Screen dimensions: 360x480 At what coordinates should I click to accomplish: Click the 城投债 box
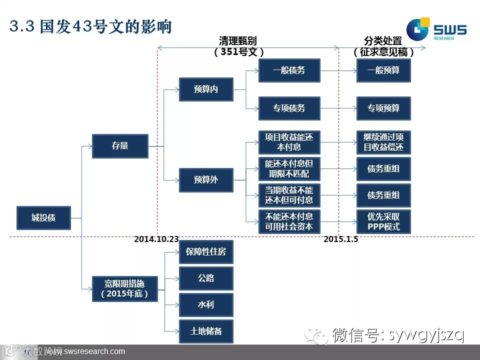pos(43,218)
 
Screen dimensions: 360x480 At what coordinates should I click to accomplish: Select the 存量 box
pos(120,146)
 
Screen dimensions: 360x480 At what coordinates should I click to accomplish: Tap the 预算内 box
pos(206,89)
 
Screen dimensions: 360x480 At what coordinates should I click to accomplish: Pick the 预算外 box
pos(206,180)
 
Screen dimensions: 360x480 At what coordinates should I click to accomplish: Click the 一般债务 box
pos(289,70)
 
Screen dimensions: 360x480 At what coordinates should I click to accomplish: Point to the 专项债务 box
pos(289,108)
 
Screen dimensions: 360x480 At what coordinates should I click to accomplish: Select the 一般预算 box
pos(383,70)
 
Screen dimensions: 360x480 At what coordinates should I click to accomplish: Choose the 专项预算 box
pos(383,108)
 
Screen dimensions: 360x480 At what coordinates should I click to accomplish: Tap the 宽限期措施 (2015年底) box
pos(124,289)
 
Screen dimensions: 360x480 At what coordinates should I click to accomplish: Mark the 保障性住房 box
pos(206,251)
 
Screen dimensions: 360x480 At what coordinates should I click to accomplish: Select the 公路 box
pos(206,278)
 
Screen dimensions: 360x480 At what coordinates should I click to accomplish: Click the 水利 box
pos(206,304)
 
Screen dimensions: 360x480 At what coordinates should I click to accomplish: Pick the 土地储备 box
pos(206,331)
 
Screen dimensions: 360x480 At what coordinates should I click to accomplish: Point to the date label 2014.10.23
pos(156,239)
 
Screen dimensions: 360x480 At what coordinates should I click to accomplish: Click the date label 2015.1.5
pos(340,239)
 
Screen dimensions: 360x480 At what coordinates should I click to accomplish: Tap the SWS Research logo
pos(436,30)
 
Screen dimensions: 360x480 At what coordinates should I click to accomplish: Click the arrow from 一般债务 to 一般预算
pos(338,70)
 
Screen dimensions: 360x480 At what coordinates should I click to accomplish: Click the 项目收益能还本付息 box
pos(289,142)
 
